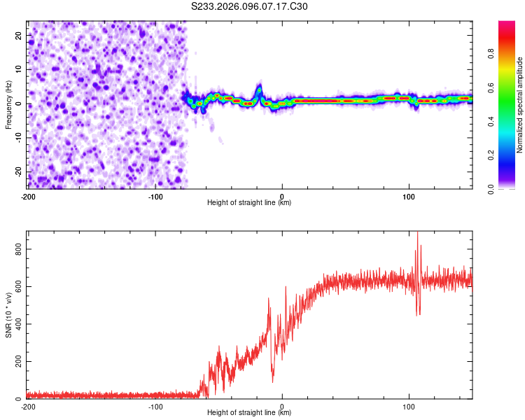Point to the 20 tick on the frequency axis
[x=19, y=35]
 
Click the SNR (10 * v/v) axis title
[x=8, y=315]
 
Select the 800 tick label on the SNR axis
[x=16, y=248]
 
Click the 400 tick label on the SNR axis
[x=16, y=324]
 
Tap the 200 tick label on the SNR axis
[x=16, y=362]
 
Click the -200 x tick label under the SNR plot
[x=28, y=407]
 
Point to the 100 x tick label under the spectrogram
[x=409, y=197]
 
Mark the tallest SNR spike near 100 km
[x=418, y=233]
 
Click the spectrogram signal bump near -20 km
[x=258, y=89]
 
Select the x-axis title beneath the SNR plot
[x=249, y=413]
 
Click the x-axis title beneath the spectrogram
[x=249, y=203]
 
